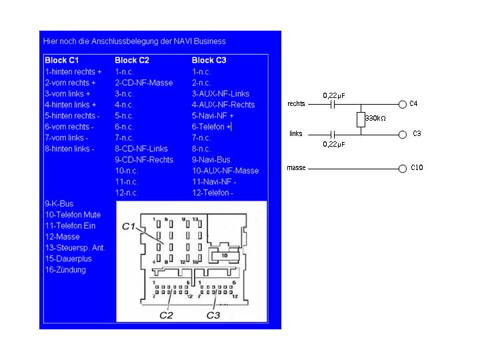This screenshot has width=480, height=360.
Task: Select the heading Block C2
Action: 132,60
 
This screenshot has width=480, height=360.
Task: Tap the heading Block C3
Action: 209,60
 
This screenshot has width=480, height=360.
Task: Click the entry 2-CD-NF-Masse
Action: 144,83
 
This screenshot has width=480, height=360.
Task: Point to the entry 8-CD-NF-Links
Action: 141,149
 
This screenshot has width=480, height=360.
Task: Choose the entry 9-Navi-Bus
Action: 211,159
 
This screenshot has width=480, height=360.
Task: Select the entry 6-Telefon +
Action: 211,127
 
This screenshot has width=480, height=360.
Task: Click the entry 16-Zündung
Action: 65,270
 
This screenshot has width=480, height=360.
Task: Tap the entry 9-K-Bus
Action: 59,203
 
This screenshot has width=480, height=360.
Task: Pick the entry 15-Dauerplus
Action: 68,259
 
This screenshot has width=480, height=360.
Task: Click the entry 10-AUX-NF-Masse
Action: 225,171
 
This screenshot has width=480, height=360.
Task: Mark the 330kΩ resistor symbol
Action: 361,119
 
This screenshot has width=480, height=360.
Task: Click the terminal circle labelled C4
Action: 402,105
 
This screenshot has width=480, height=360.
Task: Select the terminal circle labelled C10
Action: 402,168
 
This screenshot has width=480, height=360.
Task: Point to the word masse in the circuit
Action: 297,168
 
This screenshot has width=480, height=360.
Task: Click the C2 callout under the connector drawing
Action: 166,315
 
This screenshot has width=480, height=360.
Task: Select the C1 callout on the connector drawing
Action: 128,227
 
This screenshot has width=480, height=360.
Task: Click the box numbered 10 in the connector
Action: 224,255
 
